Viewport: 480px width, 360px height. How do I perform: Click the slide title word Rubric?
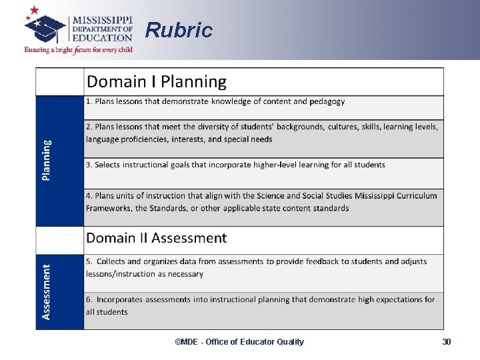[x=179, y=30]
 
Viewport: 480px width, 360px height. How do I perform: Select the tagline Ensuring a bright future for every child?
[x=78, y=50]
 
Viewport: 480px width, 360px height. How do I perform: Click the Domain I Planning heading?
[x=157, y=82]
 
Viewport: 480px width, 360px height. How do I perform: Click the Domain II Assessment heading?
[x=157, y=238]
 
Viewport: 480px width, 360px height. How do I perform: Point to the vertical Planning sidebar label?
[x=46, y=160]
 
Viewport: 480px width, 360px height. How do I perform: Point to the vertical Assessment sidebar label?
[x=46, y=291]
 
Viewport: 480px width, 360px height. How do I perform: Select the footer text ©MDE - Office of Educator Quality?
[x=239, y=342]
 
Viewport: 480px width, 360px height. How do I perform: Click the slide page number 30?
[x=447, y=342]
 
